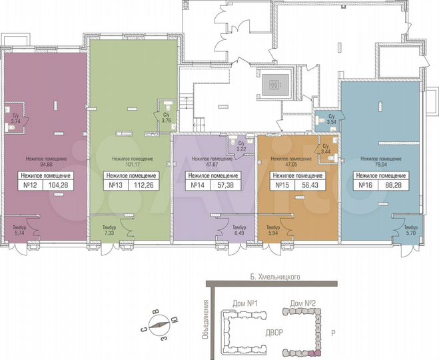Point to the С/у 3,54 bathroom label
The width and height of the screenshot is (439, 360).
(331, 120)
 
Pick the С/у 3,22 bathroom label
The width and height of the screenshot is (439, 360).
(242, 145)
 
